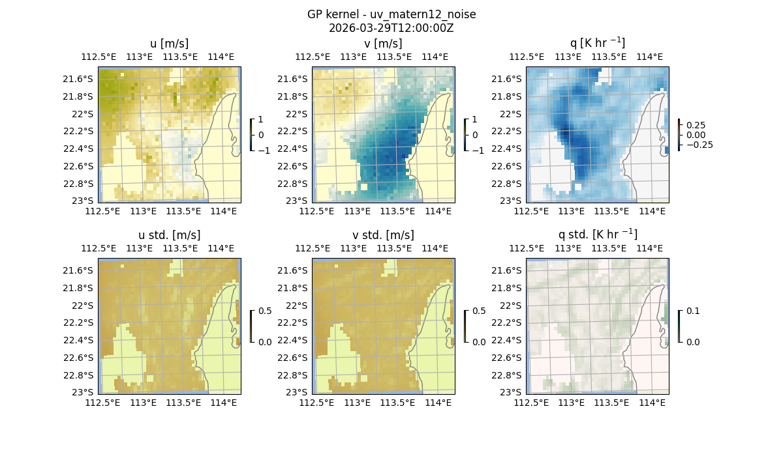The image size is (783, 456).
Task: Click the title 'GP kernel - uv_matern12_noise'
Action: pos(391,14)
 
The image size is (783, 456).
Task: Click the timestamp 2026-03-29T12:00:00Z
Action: pos(391,28)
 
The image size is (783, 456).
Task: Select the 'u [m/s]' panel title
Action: pos(170,44)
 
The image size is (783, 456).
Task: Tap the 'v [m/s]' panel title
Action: pos(383,44)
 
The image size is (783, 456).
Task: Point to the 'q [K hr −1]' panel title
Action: pos(597,43)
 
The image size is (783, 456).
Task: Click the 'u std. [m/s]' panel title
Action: pos(170,235)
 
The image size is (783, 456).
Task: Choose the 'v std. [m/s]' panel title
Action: pos(383,235)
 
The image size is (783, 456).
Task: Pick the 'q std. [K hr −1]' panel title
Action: pos(597,235)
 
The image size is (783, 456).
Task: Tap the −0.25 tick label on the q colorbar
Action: pos(699,145)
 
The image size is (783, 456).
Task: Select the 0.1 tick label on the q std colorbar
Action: pos(693,311)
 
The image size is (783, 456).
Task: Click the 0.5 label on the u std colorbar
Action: pos(265,311)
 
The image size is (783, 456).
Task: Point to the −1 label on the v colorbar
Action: pos(478,150)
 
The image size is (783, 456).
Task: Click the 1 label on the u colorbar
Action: pos(261,120)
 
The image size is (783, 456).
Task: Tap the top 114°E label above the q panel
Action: pos(652,57)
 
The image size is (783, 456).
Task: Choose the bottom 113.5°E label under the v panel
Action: pos(397,212)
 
